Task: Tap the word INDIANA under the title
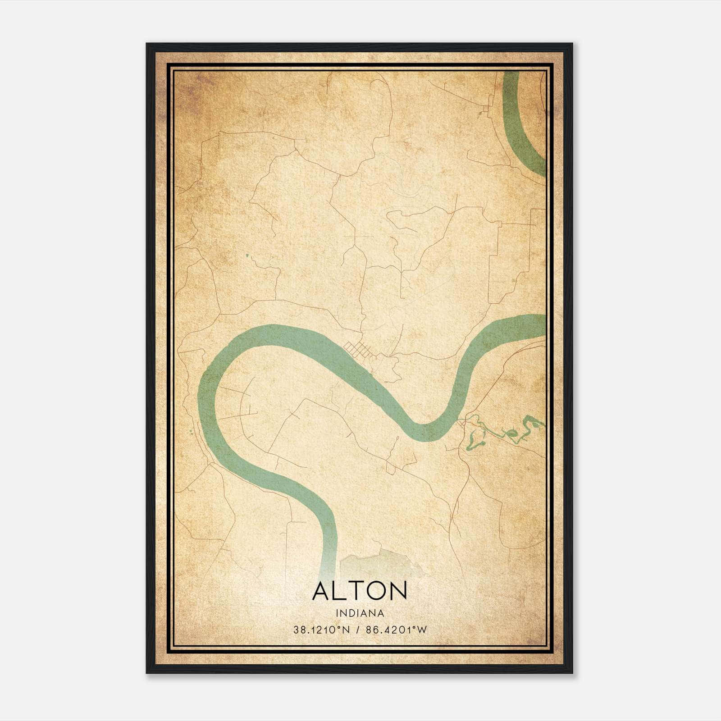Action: point(359,613)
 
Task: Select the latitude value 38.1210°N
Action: point(321,630)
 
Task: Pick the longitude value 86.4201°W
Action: point(396,630)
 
